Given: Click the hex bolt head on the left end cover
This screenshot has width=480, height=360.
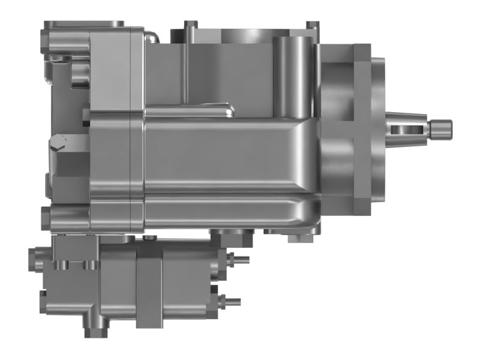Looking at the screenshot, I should coord(58,142).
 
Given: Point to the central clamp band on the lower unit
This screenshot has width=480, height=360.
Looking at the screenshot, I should coord(149,282).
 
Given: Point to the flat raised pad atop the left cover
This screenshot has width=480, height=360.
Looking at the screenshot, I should coord(85,23).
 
